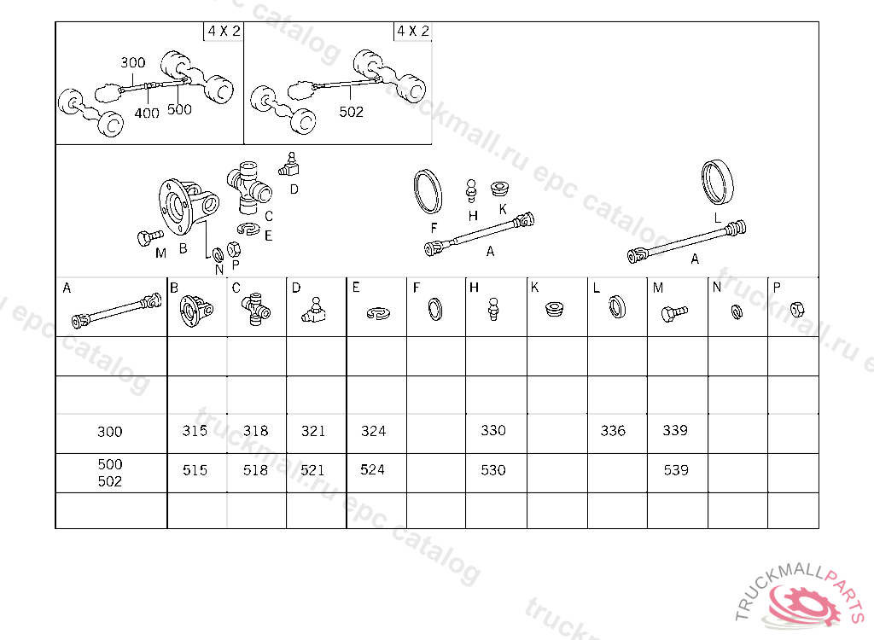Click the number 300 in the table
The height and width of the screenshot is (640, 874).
coord(110,432)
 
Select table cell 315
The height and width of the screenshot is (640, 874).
coord(195,431)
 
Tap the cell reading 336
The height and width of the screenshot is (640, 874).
coord(613,431)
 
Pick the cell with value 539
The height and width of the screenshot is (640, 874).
coord(675,470)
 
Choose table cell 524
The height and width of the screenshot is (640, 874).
coord(373,469)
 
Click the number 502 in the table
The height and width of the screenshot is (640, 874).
coord(110,481)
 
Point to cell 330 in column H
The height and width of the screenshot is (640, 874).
coord(493,431)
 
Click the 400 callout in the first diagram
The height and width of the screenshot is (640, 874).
coord(147,113)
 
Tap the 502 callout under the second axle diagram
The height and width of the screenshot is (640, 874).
coord(351,112)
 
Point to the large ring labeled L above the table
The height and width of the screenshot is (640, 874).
coord(718,181)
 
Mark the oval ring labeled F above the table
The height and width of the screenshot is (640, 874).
coord(428,191)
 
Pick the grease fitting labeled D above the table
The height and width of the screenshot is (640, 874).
coord(288,163)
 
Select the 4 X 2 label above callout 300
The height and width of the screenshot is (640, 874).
coord(224,32)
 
